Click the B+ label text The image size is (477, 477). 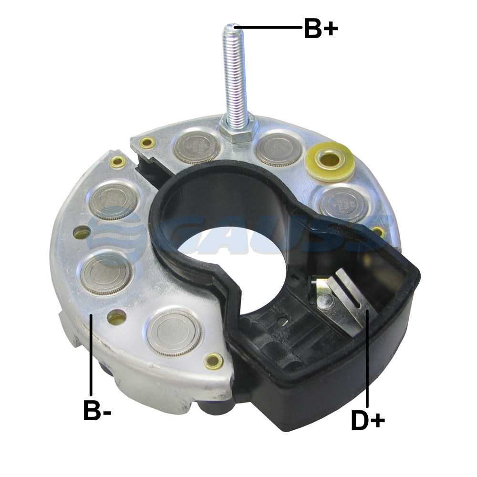[x=321, y=28]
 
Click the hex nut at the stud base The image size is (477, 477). [x=238, y=130]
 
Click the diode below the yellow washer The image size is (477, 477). [x=344, y=204]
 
